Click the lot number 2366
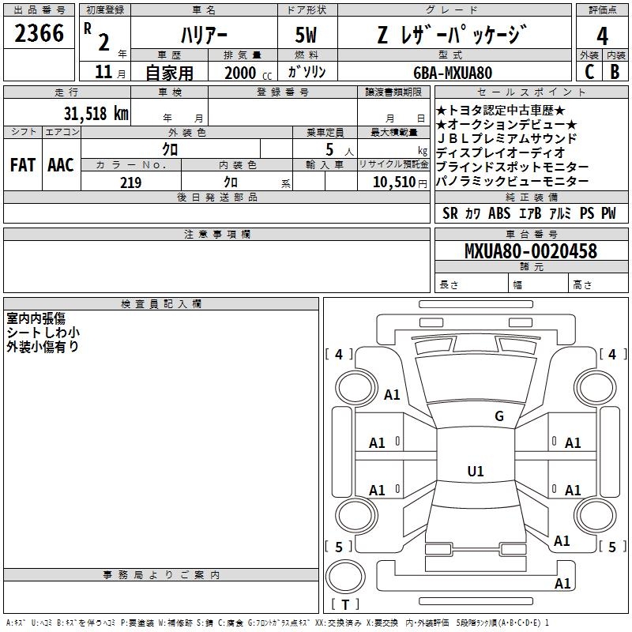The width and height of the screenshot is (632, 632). click(x=39, y=33)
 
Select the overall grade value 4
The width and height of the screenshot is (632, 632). click(x=602, y=36)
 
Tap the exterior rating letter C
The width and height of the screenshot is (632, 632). click(x=589, y=72)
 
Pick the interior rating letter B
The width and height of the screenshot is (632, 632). click(x=615, y=72)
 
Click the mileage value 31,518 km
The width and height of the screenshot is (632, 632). click(x=96, y=114)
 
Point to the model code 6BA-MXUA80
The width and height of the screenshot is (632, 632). click(x=453, y=73)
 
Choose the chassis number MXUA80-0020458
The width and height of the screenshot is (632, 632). click(x=531, y=251)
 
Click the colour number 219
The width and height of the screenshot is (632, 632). click(x=130, y=182)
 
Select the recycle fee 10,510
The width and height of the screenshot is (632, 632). click(x=393, y=182)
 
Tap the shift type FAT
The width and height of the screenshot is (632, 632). click(x=23, y=165)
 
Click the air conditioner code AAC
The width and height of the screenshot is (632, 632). click(x=61, y=165)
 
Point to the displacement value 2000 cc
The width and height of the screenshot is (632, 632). click(x=248, y=73)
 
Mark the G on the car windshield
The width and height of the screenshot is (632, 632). click(x=499, y=416)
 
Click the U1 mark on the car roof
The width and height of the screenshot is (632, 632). click(x=476, y=471)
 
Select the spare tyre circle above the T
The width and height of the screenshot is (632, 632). click(x=345, y=577)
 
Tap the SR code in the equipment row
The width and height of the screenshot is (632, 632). click(x=450, y=213)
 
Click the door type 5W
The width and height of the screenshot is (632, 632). click(x=306, y=35)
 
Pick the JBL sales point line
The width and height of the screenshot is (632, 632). click(x=507, y=139)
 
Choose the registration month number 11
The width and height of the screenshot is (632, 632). click(x=103, y=72)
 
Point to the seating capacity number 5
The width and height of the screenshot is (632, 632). click(x=329, y=149)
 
